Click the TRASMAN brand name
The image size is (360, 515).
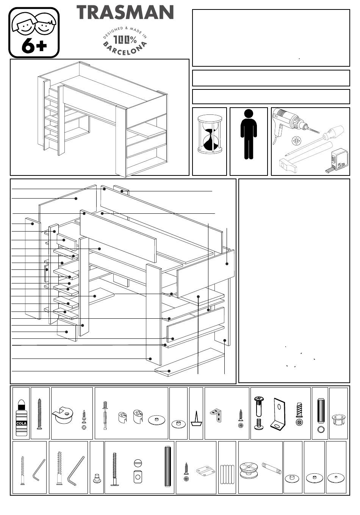(125, 13)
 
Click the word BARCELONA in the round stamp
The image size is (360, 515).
(125, 49)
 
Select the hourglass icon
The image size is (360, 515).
(210, 134)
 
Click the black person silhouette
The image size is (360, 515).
(249, 134)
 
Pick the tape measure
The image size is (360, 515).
(337, 161)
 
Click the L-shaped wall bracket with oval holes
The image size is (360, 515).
(279, 414)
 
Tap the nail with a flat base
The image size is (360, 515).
(196, 418)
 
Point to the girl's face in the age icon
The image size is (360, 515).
(24, 24)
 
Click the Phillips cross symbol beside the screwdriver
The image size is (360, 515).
(296, 141)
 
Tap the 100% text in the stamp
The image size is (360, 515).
(125, 40)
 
